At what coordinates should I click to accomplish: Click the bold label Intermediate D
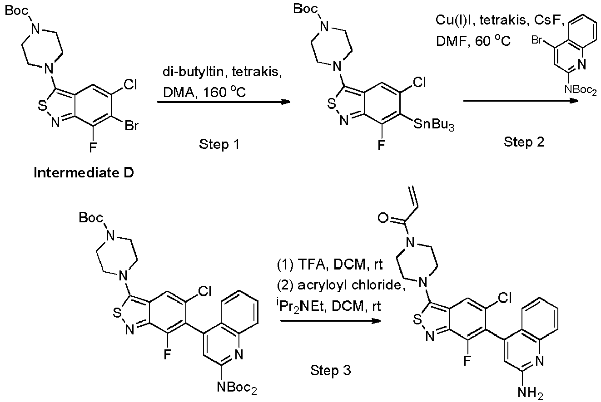pos(84,172)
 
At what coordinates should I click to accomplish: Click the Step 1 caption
pos(219,144)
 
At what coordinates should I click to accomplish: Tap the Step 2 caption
pos(524,142)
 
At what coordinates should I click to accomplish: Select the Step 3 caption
pos(331,370)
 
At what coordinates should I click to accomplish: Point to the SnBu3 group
pos(434,125)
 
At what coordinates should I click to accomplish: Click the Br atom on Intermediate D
pos(131,125)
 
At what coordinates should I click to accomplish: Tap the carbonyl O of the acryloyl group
pos(383,218)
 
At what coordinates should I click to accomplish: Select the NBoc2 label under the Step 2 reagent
pos(581,90)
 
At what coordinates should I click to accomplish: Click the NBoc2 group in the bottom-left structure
pos(237,387)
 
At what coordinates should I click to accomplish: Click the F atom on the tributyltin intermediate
pos(381,146)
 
